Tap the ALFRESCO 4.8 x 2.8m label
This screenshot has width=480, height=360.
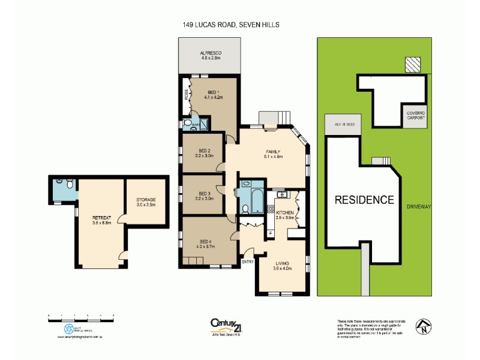pos(211,56)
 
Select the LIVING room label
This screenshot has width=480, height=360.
pos(282,266)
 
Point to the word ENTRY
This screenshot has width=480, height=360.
pos(247,262)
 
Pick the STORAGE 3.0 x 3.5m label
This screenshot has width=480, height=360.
pos(146,202)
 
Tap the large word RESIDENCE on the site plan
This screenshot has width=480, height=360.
pos(364,200)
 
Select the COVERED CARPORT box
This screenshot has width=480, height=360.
pos(415,115)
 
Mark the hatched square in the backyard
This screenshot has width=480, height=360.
pos(413,65)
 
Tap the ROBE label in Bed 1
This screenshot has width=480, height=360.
pos(186,96)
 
